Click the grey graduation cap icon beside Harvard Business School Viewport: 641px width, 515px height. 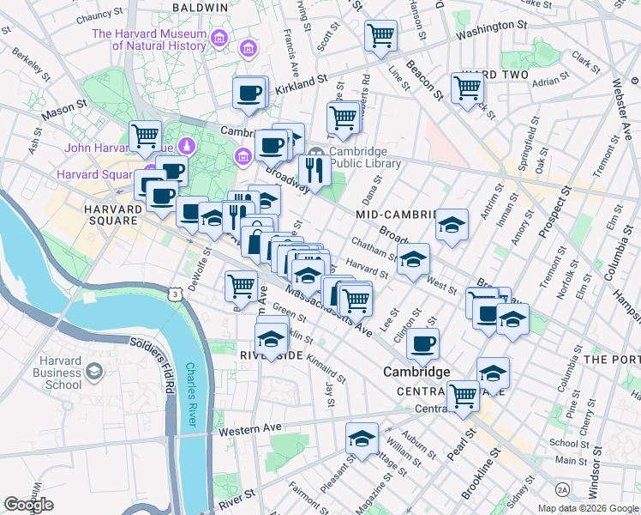pyautogui.click(x=93, y=372)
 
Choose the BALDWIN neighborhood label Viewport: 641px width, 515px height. pyautogui.click(x=200, y=7)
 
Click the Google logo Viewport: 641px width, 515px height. pyautogui.click(x=28, y=504)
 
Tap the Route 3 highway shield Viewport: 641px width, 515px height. pyautogui.click(x=175, y=294)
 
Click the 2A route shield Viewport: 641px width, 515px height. pyautogui.click(x=562, y=489)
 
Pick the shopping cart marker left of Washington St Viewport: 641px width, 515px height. pyautogui.click(x=380, y=36)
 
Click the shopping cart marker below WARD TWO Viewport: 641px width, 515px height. pyautogui.click(x=467, y=87)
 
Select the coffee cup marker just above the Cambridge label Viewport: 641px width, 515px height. pyautogui.click(x=422, y=344)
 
